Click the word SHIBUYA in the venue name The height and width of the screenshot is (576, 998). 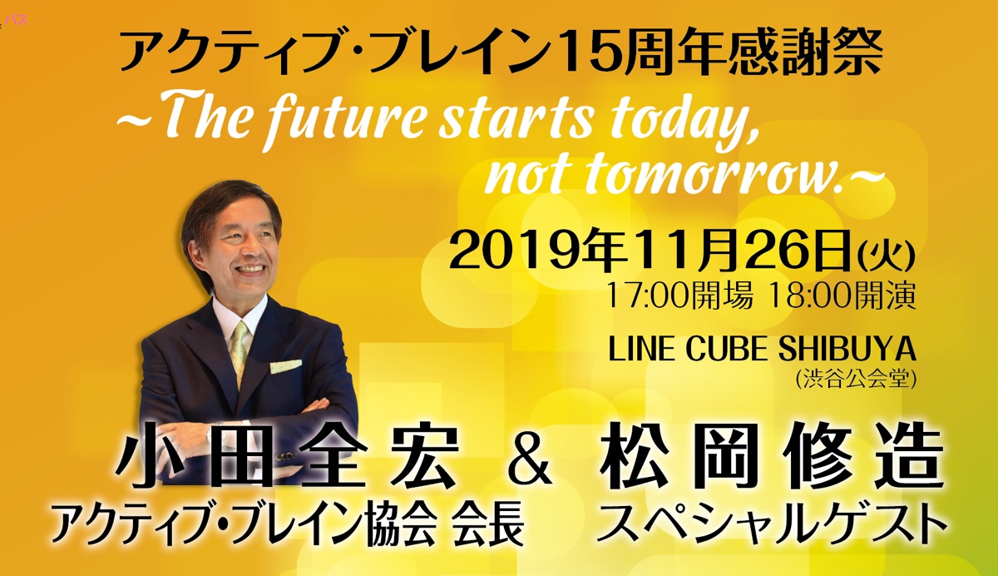847,349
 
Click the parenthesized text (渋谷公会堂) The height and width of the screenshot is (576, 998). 855,380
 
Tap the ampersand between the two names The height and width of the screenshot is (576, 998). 530,461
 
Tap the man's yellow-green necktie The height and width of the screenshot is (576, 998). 240,352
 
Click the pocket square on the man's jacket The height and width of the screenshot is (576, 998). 285,366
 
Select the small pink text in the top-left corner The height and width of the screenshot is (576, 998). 16,20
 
